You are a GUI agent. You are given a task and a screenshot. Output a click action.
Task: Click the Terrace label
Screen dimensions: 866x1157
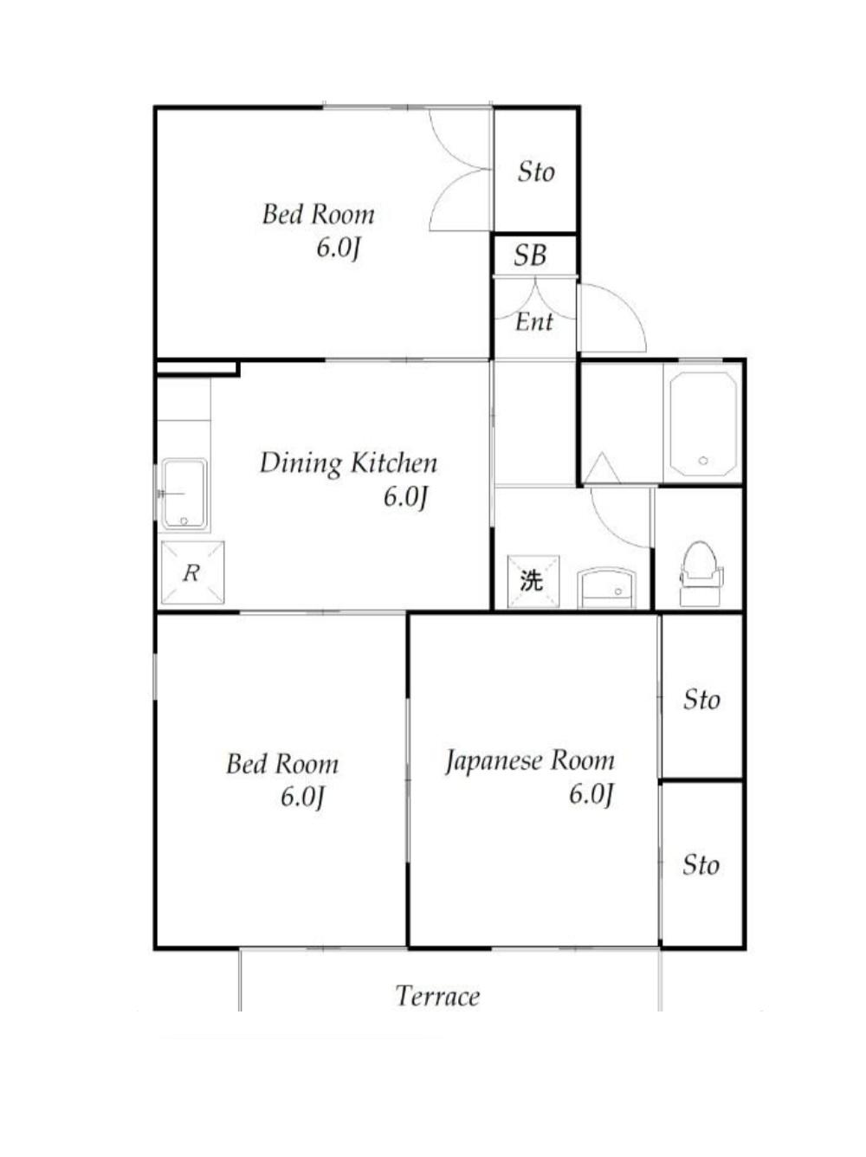pos(437,996)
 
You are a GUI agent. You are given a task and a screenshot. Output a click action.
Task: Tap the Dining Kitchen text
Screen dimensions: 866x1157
pos(348,463)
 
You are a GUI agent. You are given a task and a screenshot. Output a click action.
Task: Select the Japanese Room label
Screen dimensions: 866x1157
pos(530,761)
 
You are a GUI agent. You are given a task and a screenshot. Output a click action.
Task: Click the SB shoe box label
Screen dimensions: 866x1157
pos(530,255)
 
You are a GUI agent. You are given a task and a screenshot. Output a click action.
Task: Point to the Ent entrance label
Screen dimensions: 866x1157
pos(533,321)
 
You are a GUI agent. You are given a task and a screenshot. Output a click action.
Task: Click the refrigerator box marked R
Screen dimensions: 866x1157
pos(192,572)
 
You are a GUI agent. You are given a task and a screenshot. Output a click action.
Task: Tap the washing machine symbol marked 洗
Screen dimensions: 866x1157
pos(533,581)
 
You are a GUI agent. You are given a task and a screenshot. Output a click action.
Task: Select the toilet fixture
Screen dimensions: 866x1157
pos(701,573)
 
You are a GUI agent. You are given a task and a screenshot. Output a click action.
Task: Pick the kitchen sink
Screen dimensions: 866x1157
pos(184,494)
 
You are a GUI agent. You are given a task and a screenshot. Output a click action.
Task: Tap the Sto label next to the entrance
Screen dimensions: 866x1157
pos(536,171)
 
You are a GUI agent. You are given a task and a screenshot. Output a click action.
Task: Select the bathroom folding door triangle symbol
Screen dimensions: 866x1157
pos(603,467)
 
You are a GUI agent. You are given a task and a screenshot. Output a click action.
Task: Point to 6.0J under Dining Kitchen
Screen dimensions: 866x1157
pos(404,497)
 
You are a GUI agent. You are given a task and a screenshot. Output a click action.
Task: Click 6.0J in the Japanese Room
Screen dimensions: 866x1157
pos(591,794)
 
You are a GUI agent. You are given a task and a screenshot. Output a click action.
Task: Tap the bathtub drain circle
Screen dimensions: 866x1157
pos(703,461)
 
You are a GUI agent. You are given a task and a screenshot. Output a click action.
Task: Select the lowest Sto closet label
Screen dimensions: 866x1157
pos(701,865)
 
